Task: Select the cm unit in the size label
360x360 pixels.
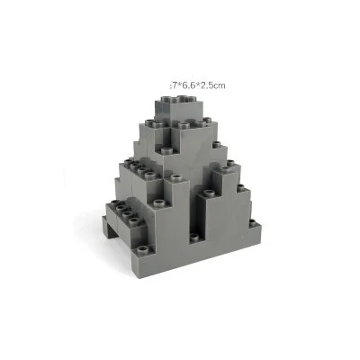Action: coord(219,85)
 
